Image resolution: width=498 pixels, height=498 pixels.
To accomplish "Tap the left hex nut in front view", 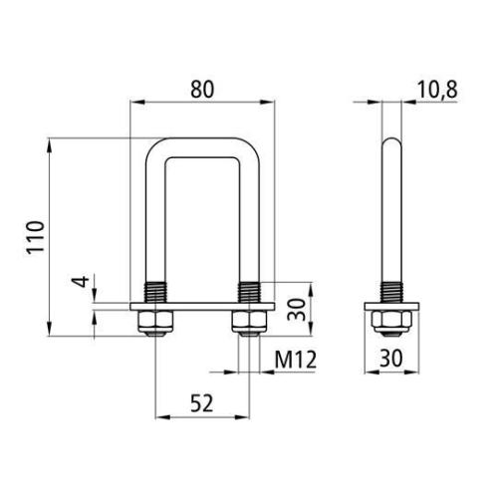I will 155,321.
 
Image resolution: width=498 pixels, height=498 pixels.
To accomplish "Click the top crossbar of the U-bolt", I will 202,145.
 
